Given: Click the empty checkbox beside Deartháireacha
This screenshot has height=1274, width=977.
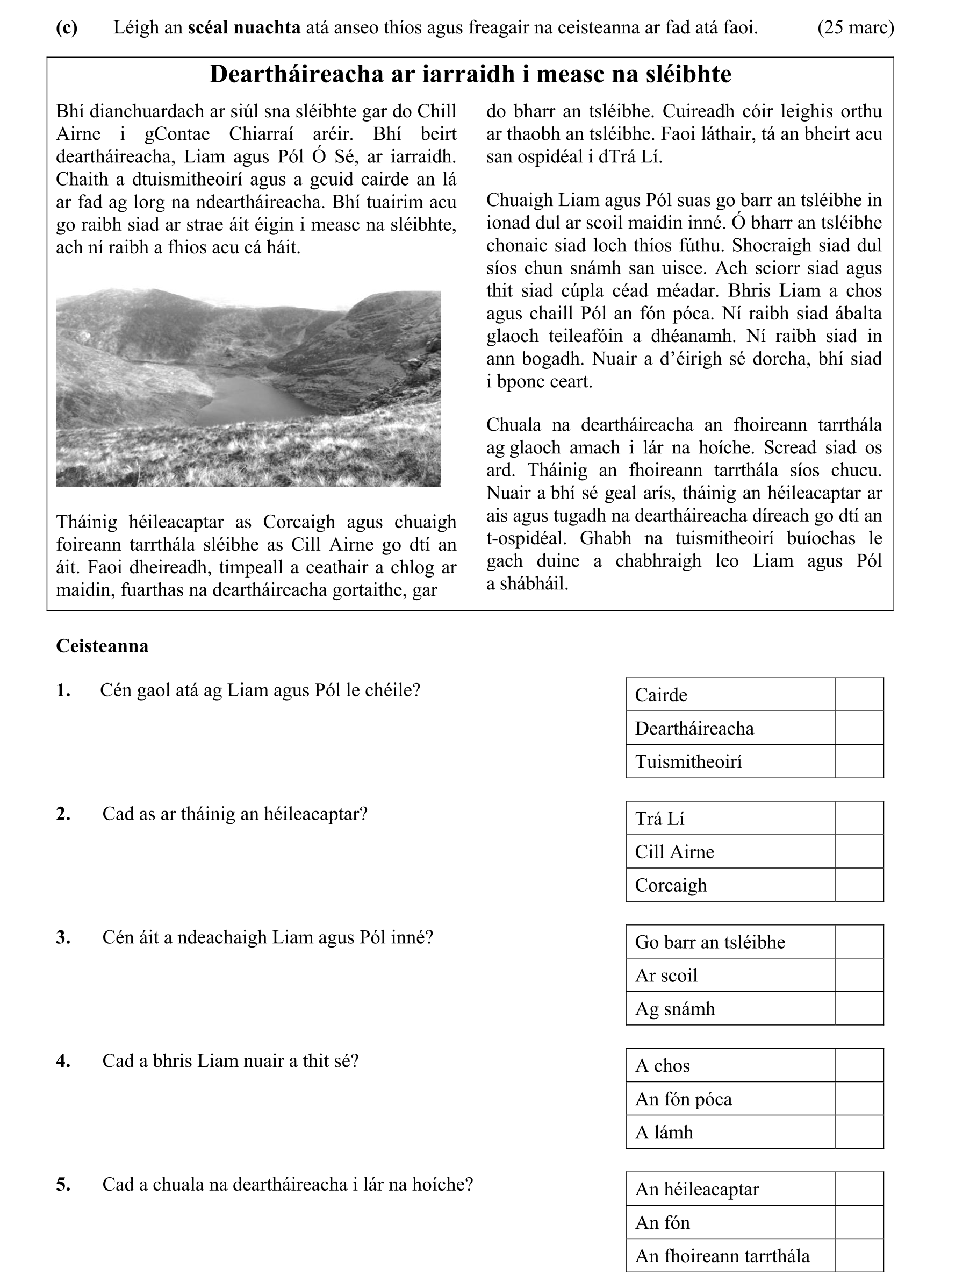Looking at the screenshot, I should click(859, 728).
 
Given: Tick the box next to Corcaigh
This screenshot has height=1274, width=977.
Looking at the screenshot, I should click(859, 885).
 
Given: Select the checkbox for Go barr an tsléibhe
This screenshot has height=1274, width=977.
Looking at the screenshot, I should click(859, 942).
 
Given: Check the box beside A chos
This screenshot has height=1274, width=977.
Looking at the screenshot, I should click(859, 1065).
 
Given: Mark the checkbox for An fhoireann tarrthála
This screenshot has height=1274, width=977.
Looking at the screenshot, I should click(859, 1255).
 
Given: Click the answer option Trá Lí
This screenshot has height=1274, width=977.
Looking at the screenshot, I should click(659, 819).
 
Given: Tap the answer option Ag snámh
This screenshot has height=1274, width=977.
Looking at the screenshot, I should click(674, 1008).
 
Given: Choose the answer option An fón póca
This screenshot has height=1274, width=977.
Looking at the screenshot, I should click(684, 1099).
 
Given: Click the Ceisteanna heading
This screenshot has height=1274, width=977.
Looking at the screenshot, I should click(102, 646).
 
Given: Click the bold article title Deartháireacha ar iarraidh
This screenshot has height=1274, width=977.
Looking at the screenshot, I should click(470, 74).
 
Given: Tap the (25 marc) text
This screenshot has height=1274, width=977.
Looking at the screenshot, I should click(856, 27).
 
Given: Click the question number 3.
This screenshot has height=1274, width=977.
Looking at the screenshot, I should click(63, 937).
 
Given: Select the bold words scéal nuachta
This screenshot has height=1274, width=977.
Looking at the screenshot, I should click(243, 27).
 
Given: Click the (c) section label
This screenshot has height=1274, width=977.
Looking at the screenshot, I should click(67, 27).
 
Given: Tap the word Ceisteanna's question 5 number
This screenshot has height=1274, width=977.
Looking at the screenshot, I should click(63, 1184).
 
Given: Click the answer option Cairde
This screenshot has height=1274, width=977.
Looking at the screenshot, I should click(660, 694).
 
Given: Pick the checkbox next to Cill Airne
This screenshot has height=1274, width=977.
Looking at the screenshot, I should click(859, 851).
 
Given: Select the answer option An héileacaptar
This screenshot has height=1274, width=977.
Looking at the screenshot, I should click(696, 1189).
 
